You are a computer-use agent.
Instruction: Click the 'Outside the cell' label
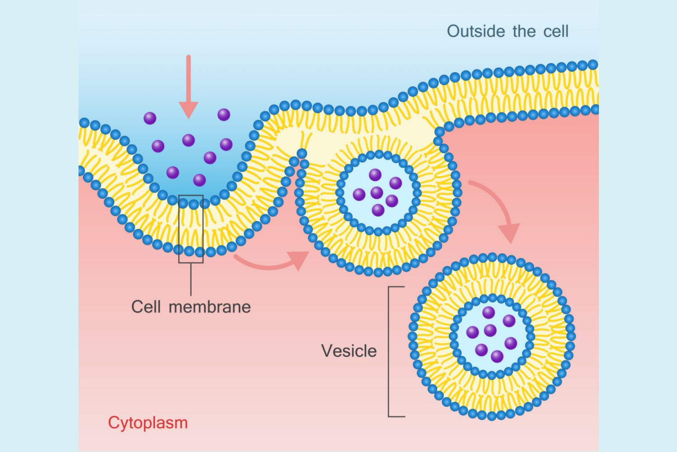pyautogui.click(x=507, y=31)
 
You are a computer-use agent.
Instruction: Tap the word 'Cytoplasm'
pyautogui.click(x=148, y=423)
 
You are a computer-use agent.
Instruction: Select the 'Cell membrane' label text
pyautogui.click(x=190, y=306)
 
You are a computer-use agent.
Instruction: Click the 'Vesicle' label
pyautogui.click(x=348, y=351)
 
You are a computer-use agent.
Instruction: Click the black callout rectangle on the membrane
pyautogui.click(x=191, y=229)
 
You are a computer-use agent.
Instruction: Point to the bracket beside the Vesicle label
pyautogui.click(x=390, y=351)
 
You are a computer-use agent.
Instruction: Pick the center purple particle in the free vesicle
pyautogui.click(x=490, y=330)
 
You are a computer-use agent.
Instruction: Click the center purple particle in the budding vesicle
pyautogui.click(x=377, y=193)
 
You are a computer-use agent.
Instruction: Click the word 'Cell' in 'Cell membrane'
pyautogui.click(x=146, y=306)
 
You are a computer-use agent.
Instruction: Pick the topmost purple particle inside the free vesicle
pyautogui.click(x=488, y=312)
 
